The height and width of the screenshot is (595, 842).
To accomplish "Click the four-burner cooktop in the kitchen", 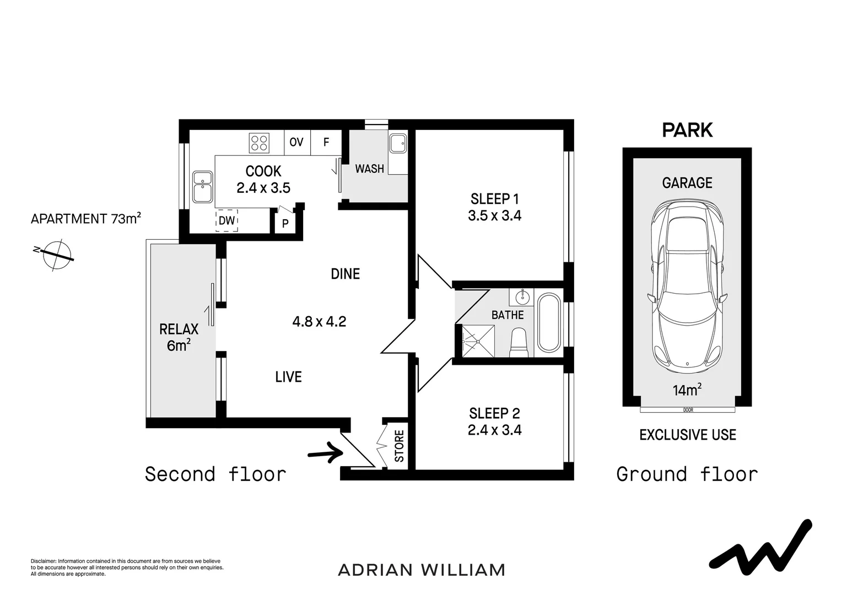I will point(259,143).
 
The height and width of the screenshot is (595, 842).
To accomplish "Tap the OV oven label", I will point(296,142).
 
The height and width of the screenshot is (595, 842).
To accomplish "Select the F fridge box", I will point(326,142).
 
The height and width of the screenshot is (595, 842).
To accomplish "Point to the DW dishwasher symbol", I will point(226,220).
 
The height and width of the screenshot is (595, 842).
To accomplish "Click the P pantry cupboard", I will point(285,223).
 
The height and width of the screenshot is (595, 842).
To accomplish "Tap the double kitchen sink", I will point(202,186).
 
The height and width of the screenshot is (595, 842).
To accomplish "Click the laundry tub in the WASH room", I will point(397,144).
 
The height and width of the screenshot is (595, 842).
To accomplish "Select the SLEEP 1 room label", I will point(494,199).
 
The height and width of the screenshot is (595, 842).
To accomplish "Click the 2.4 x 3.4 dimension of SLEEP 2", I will point(494,430).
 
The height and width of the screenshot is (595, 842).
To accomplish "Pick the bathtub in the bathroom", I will point(548,323).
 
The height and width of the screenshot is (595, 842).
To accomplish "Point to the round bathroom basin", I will point(521,297).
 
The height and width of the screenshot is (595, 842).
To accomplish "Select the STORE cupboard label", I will point(399,446).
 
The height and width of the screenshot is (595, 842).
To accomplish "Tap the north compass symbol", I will point(57,255).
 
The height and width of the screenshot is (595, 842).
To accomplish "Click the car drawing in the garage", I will point(687,285).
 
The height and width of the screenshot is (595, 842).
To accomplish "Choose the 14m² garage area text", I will point(687,391).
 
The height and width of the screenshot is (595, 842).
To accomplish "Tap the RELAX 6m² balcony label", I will point(179,337).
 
